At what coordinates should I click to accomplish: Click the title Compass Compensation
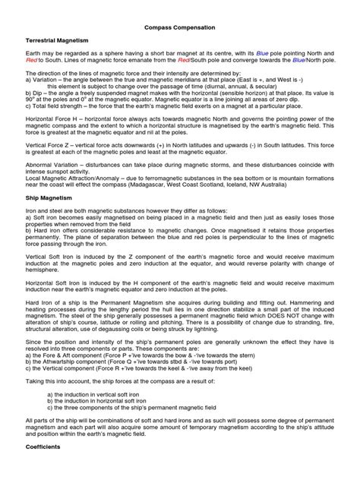[x=180, y=27]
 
